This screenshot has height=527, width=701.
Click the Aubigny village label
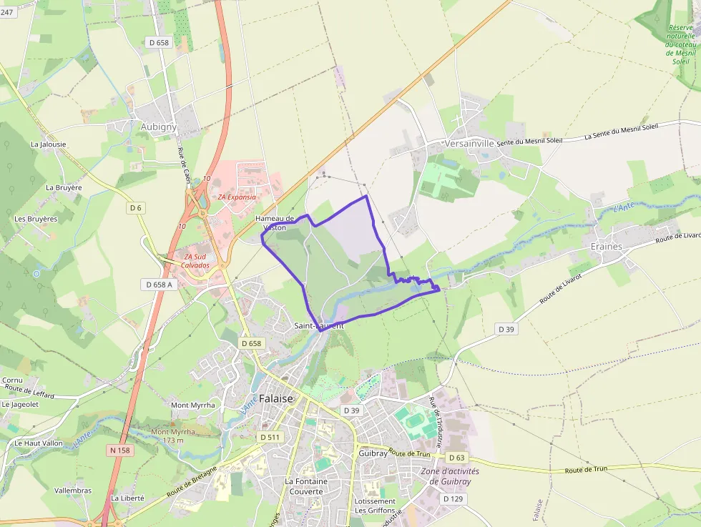coord(159,127)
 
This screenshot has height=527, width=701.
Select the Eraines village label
coord(607,246)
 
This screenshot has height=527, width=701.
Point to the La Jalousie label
coord(49,144)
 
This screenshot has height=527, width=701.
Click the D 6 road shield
coord(136,207)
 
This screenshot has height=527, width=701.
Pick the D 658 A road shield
coord(159,285)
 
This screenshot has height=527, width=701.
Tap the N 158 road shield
coord(119,450)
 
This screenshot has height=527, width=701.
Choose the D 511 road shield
coord(271,437)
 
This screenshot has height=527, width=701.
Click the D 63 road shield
coord(456,458)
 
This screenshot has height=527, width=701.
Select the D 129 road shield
coord(454,498)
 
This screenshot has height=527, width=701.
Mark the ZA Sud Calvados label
coord(197,261)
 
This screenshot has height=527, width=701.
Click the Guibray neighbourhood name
coord(373,453)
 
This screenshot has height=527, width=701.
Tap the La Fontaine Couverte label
coord(306,486)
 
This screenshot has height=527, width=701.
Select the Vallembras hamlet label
coord(73,491)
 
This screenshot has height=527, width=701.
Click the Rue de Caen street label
coord(185,165)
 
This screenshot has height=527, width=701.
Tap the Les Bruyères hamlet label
coord(36,219)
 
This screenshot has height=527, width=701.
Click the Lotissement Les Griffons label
coord(376,506)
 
